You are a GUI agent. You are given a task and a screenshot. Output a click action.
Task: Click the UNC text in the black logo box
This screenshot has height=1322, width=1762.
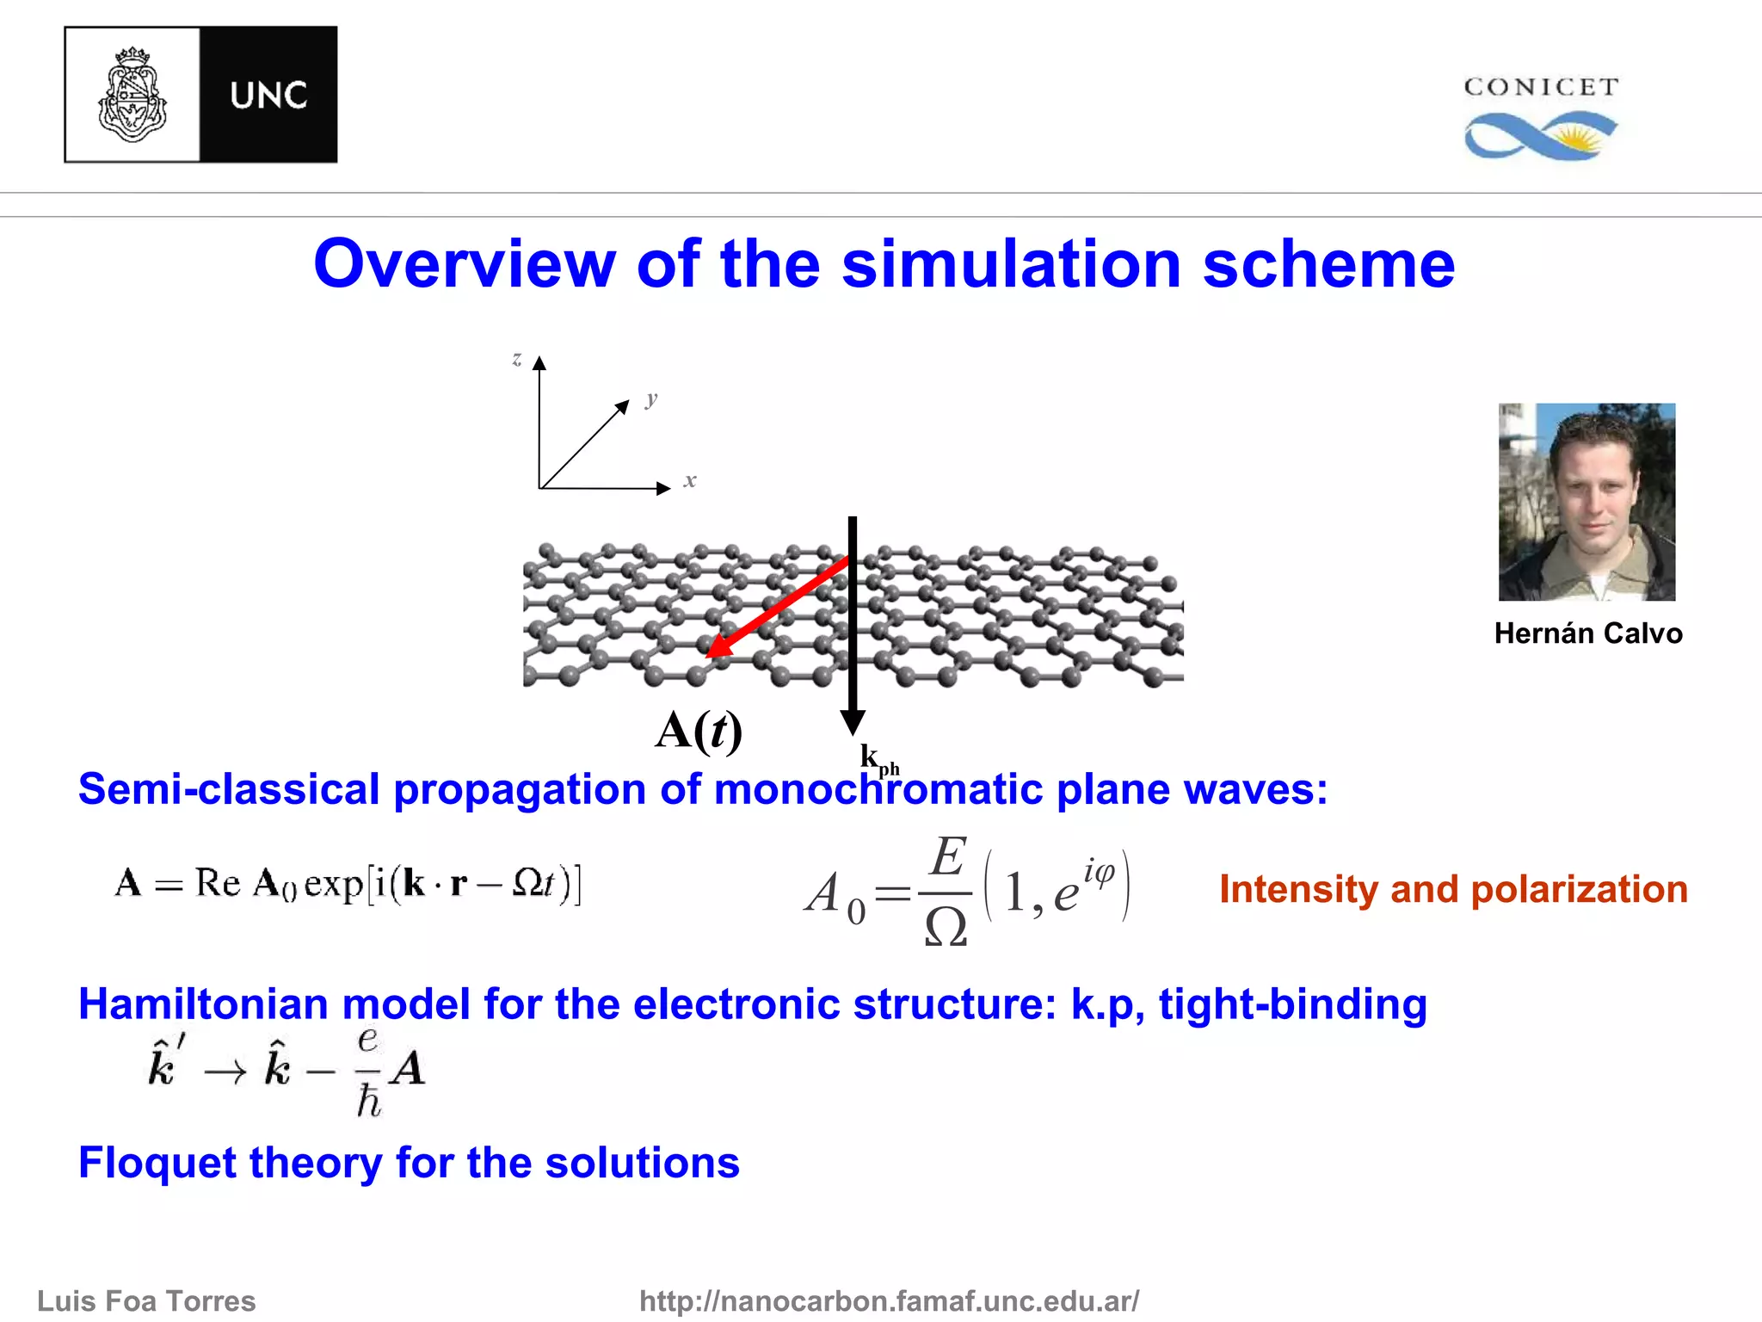click(268, 95)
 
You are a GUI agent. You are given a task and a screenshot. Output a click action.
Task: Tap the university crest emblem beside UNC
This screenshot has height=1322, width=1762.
click(132, 95)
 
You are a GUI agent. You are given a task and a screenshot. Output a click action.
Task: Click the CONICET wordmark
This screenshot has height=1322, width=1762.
click(1541, 87)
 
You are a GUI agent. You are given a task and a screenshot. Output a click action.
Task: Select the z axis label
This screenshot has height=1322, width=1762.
click(516, 359)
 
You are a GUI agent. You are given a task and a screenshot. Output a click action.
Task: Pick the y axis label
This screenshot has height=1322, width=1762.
click(651, 398)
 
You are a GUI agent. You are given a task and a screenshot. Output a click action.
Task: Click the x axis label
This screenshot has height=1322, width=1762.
click(690, 480)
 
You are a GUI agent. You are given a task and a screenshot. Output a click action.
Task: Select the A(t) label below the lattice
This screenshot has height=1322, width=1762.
click(698, 731)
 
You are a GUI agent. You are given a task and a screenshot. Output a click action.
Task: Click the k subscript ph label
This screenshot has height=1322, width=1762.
click(878, 759)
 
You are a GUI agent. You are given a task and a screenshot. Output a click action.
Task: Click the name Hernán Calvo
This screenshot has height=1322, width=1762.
click(1587, 633)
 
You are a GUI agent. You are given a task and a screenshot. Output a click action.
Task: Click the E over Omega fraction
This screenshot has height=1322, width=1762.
click(946, 890)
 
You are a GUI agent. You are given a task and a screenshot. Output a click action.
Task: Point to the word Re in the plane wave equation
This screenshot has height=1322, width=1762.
click(217, 883)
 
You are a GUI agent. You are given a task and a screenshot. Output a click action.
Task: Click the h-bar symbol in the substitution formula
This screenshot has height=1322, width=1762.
click(368, 1101)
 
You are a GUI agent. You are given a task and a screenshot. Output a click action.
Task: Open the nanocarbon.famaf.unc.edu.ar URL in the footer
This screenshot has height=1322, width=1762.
click(889, 1300)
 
